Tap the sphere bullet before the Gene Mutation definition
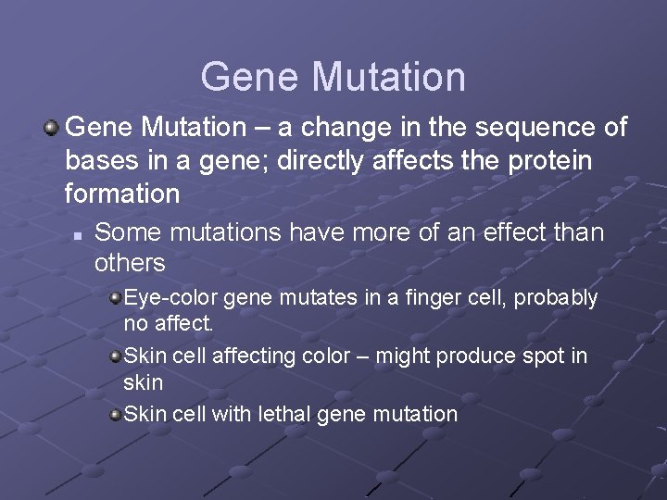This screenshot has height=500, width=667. click(x=54, y=127)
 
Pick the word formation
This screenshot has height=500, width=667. click(x=121, y=194)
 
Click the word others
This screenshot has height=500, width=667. click(x=130, y=263)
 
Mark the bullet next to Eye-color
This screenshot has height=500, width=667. click(x=115, y=299)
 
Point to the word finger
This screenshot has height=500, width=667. click(x=419, y=299)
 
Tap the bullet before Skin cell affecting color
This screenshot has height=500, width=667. click(x=115, y=356)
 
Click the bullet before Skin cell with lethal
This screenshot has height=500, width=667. click(x=115, y=414)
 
